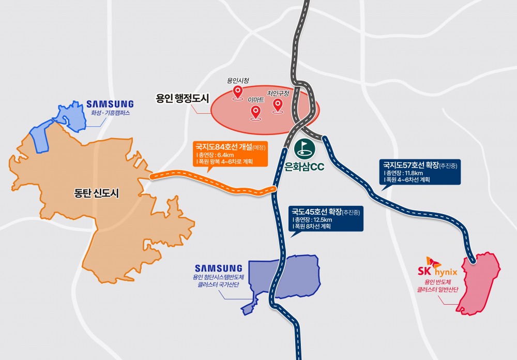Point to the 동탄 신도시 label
(x=97, y=194)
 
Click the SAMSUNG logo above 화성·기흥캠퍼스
(x=110, y=104)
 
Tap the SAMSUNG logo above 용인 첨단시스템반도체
(x=218, y=268)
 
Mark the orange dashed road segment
(x=212, y=184)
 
